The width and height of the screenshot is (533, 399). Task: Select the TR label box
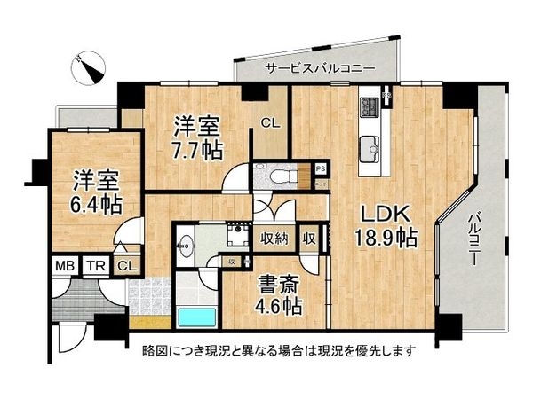point(95,265)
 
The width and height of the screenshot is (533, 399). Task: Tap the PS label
point(321,167)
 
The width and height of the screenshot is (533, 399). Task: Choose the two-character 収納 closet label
point(274,237)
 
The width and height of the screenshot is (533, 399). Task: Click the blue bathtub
point(195,317)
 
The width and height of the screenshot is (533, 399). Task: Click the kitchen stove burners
point(369,108)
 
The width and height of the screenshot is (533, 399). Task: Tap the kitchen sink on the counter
point(369,146)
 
